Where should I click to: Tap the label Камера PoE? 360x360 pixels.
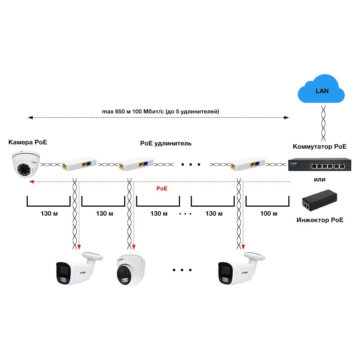point(28,142)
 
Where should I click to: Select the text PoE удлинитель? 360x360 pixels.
point(166,144)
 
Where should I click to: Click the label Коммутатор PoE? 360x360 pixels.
point(320,147)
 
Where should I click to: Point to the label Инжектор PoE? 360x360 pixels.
point(320,220)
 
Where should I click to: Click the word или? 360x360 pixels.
point(320,180)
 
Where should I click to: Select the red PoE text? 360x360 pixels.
point(162,189)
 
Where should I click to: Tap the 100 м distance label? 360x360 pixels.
point(269,213)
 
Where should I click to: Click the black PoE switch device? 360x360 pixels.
point(320,165)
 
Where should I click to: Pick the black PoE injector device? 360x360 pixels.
point(320,200)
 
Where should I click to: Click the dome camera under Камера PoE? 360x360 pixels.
point(26,164)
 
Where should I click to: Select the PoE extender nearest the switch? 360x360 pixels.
point(248,164)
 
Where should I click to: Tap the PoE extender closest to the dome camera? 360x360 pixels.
point(79,163)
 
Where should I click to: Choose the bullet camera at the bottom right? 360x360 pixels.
point(241,268)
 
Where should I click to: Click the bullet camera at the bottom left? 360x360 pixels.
point(79,268)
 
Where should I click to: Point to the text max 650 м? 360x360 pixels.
point(116,112)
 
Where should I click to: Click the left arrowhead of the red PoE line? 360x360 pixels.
point(31,181)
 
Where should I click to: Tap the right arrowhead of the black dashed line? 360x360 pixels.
point(286,118)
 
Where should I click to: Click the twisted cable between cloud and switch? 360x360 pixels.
point(323,123)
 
